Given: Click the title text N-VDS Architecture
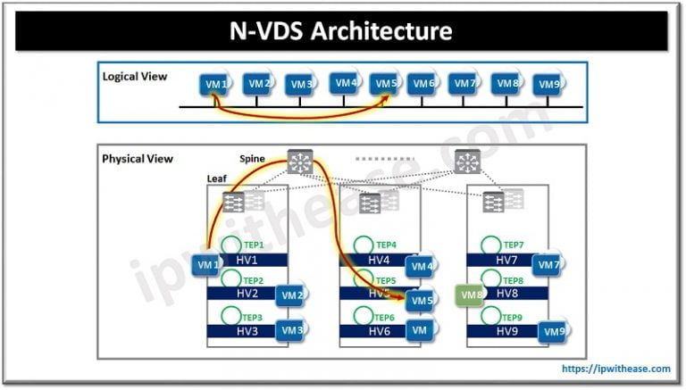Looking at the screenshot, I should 342,31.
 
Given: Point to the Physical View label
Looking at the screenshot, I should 138,159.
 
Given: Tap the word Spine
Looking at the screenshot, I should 253,159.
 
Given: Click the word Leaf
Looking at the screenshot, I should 217,178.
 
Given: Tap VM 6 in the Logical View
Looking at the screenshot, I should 422,84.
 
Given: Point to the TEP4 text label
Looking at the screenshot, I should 386,244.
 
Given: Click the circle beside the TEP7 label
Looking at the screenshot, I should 489,245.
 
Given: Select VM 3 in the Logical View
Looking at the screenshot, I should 300,85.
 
